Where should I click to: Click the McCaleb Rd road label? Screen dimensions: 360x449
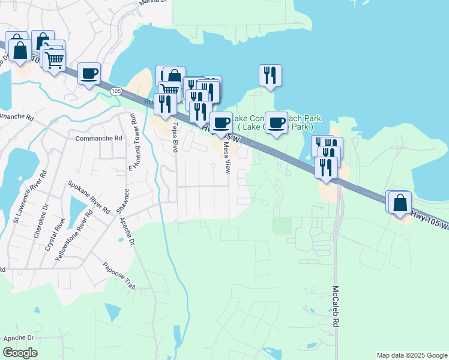pyautogui.click(x=337, y=305)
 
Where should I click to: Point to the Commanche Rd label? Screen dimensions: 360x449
pyautogui.click(x=98, y=138)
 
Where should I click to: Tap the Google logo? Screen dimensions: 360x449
pyautogui.click(x=20, y=353)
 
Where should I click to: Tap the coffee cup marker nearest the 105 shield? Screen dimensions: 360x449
pyautogui.click(x=89, y=74)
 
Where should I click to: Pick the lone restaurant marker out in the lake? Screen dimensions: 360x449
pyautogui.click(x=270, y=76)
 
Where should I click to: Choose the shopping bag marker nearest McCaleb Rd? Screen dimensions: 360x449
pyautogui.click(x=400, y=203)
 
